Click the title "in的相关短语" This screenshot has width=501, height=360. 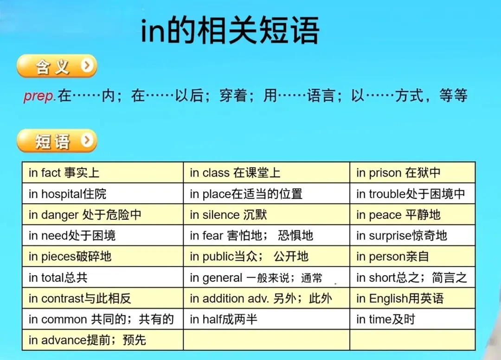tap(230, 31)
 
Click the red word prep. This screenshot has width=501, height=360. tap(40, 96)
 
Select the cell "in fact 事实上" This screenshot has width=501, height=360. tap(103, 173)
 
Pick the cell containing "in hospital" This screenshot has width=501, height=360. tap(103, 194)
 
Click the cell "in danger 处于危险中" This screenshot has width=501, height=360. tap(103, 215)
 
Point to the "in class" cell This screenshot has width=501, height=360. tap(267, 173)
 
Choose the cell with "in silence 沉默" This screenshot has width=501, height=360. tap(267, 215)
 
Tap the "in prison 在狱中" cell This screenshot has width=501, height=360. tap(412, 173)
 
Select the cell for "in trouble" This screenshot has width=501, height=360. tap(412, 194)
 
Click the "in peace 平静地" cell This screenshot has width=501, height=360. tap(412, 215)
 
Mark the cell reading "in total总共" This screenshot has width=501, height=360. tap(103, 277)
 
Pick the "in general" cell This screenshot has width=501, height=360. tap(267, 277)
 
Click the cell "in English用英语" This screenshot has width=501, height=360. tap(412, 298)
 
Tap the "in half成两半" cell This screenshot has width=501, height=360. tap(267, 319)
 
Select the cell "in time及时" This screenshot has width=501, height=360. tap(412, 319)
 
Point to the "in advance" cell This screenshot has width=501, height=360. tap(103, 340)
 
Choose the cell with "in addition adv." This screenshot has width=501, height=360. tap(267, 298)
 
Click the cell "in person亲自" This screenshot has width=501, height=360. tap(412, 257)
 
